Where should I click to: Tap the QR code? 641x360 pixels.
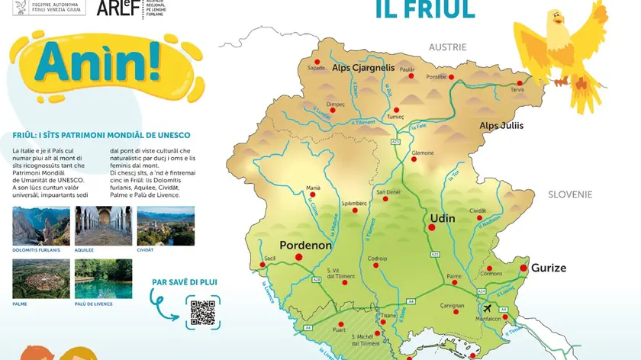coord(202,313)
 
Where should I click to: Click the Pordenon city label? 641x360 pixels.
coord(305,246)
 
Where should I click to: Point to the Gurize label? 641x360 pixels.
coord(549,268)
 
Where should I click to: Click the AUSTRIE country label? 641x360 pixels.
coord(447,47)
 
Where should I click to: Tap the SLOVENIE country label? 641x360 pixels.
coord(570,194)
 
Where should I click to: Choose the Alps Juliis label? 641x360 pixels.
coord(501,126)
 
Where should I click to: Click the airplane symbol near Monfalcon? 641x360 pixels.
coord(488,307)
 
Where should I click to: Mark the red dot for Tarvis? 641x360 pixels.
coord(520,83)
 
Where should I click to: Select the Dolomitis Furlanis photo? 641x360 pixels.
coord(41,226)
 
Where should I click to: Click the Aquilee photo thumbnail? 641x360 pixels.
coord(104,226)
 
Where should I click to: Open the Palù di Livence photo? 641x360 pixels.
coord(104,278)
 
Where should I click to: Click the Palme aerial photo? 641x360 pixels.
coord(41,278)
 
